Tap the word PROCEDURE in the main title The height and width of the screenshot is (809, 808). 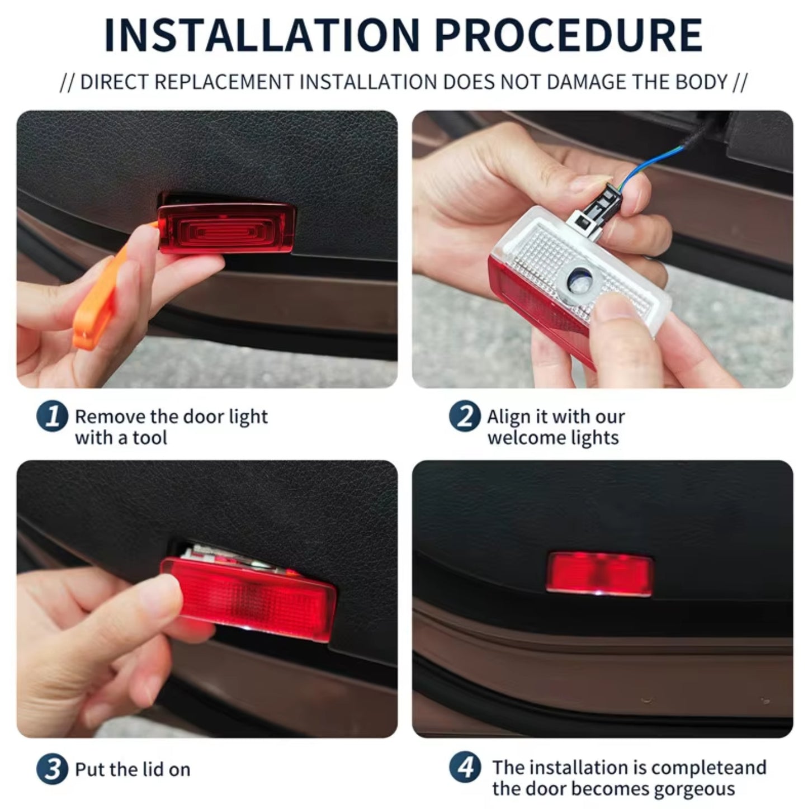[568, 35]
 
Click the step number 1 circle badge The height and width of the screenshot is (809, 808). [52, 417]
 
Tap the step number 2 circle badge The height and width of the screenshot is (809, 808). [464, 417]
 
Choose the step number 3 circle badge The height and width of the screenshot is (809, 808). [52, 769]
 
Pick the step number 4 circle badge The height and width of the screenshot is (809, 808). [464, 768]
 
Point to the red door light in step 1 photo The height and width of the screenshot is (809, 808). [226, 228]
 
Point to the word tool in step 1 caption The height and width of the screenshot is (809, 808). [150, 437]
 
